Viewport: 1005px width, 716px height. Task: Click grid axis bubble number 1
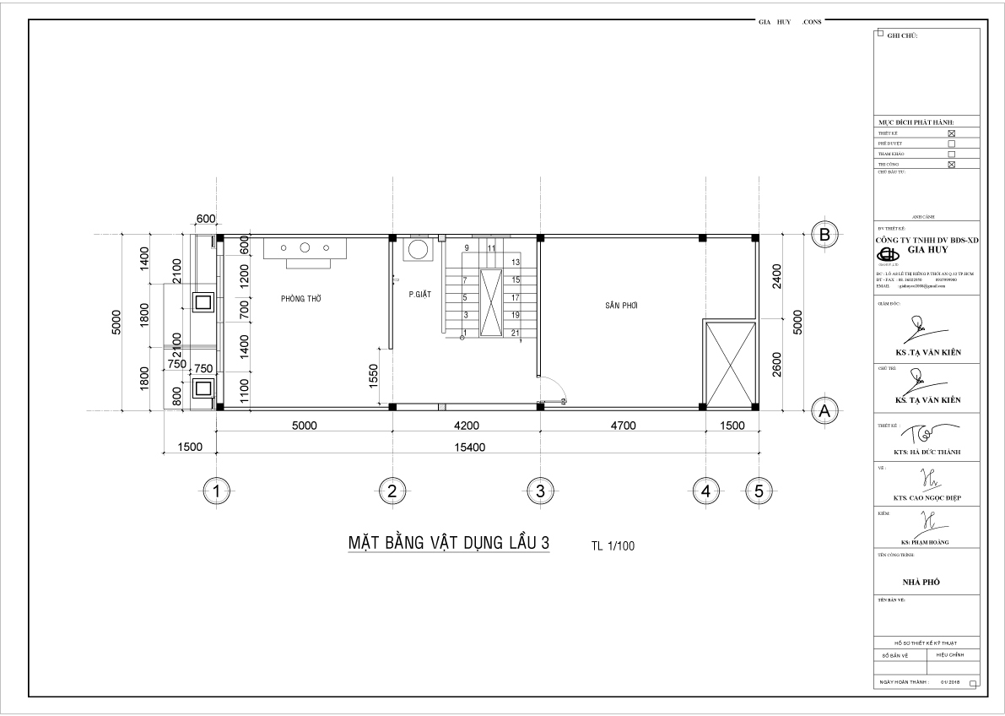[x=218, y=489]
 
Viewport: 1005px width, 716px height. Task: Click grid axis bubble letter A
[x=824, y=411]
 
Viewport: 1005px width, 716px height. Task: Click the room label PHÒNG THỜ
[x=301, y=299]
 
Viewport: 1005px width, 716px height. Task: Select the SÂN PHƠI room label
[x=620, y=306]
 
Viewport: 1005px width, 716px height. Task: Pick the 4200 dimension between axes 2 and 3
[x=465, y=426]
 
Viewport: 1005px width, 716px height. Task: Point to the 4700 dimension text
[x=623, y=426]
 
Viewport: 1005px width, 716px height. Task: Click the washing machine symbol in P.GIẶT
[x=418, y=251]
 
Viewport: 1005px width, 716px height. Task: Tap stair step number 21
[x=514, y=334]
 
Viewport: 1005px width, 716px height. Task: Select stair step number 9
[x=467, y=247]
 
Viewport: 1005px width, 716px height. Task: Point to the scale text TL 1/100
[x=613, y=546]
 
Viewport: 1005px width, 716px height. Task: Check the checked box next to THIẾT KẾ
[x=952, y=133]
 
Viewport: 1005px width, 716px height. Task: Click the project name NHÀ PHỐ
[x=922, y=583]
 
